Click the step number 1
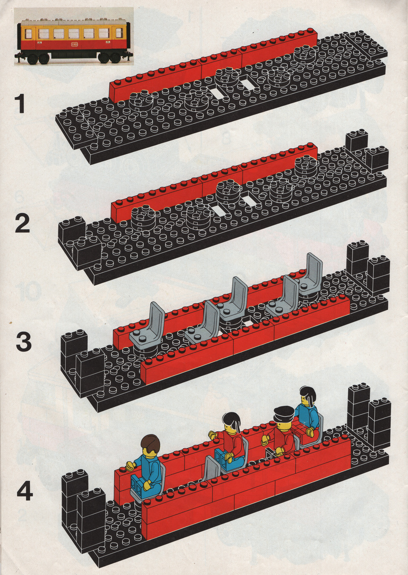point(19,103)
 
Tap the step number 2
point(22,224)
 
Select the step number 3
point(23,342)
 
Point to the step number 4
point(24,491)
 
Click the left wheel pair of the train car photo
point(38,59)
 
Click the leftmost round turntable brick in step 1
point(141,101)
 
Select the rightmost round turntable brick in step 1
point(305,54)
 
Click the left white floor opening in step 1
point(218,93)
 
